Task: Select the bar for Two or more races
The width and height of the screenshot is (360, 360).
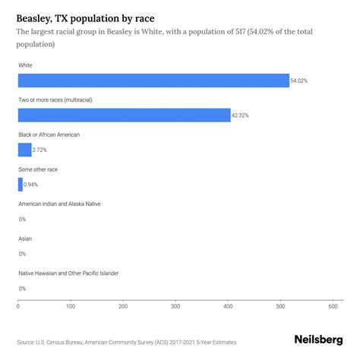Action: [x=124, y=115]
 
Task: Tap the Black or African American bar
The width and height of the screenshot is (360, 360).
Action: [x=24, y=150]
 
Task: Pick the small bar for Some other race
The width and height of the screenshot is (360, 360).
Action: [x=21, y=184]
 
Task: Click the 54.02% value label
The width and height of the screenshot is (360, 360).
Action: [x=300, y=81]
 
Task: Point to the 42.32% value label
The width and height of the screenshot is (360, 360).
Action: [x=242, y=115]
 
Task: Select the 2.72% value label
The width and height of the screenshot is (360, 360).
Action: [x=43, y=150]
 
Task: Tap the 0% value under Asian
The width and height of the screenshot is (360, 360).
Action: [x=22, y=254]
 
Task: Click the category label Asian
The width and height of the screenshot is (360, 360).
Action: [x=25, y=238]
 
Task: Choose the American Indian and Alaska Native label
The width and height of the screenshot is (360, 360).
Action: [x=59, y=204]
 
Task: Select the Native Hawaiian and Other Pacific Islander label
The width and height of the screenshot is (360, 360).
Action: [x=68, y=273]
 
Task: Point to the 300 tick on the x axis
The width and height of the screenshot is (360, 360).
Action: [x=175, y=307]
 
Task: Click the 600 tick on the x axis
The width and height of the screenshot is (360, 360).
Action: [x=333, y=307]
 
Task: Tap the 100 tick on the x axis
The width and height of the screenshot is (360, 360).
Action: [x=71, y=307]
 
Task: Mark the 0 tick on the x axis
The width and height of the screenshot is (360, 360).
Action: [x=18, y=307]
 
